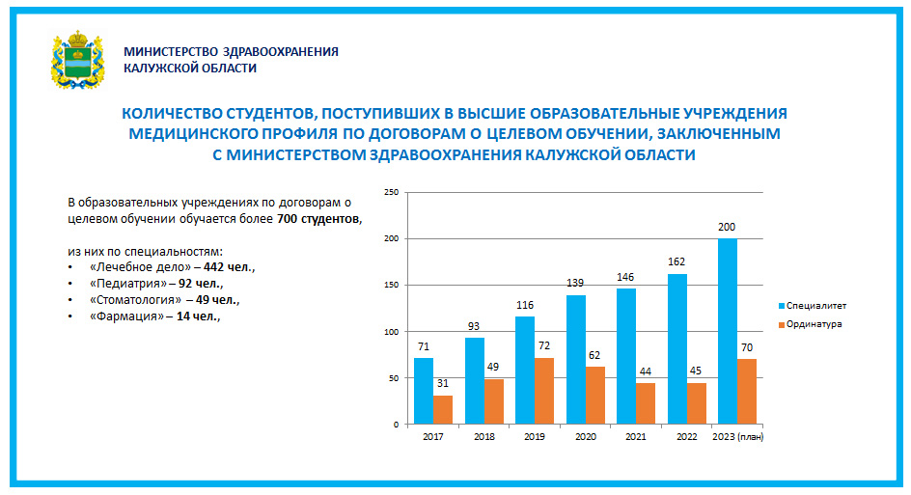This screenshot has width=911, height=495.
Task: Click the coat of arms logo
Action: tap(76, 59)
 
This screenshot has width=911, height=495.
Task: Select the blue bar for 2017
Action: tap(424, 391)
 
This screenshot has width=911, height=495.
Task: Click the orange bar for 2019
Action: tap(544, 391)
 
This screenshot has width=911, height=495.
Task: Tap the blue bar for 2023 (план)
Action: tap(728, 331)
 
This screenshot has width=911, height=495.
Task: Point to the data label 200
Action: tap(728, 227)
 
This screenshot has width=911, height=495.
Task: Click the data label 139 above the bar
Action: tap(576, 284)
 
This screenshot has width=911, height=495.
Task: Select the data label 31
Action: tap(443, 384)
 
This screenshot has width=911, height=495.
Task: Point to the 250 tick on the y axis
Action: tap(392, 192)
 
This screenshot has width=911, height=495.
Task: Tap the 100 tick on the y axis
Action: tap(392, 332)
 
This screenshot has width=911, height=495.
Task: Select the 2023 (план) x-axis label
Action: tap(738, 436)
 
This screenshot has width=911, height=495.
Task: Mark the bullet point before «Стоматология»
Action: tap(70, 300)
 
